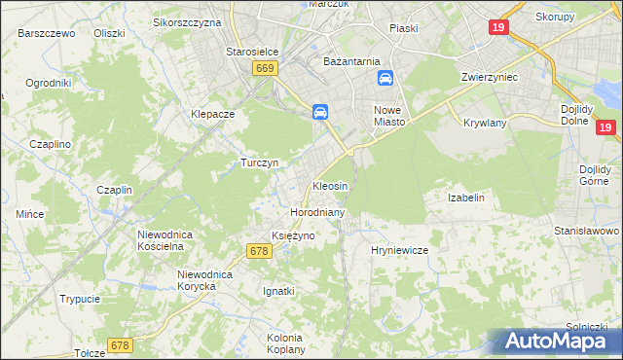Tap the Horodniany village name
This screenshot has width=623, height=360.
tap(314, 211)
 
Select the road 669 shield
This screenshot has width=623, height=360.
tap(265, 67)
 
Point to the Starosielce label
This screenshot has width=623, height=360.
tap(252, 52)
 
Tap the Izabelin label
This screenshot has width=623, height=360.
tap(465, 198)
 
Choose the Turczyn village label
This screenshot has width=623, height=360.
tap(260, 162)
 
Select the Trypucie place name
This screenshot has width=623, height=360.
tap(80, 299)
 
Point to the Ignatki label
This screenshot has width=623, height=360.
tap(279, 291)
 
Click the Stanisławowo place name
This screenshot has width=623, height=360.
tap(587, 231)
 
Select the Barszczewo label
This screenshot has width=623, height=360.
tap(47, 32)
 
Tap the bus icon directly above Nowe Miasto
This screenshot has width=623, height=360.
tap(385, 78)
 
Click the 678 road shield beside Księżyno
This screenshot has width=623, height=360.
tap(258, 251)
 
